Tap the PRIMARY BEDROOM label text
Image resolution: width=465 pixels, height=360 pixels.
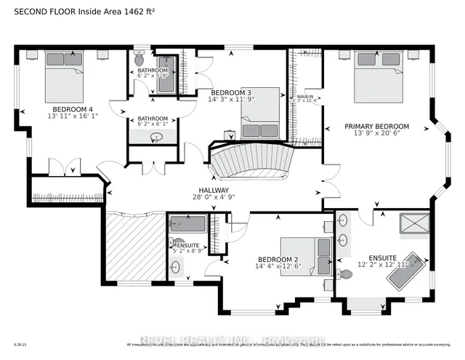tap(376, 127)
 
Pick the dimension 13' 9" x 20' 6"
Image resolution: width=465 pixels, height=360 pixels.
tap(376, 135)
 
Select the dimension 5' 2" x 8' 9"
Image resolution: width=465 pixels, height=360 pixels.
tap(188, 251)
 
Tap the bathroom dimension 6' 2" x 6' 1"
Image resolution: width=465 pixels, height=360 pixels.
tap(153, 125)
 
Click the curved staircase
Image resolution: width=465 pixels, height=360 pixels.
tap(251, 161)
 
